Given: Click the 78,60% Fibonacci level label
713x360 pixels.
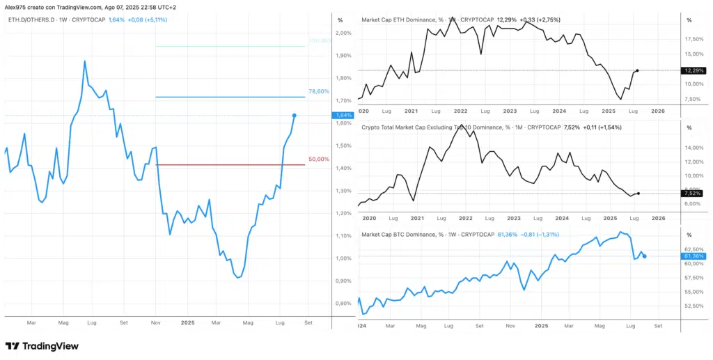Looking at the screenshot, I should click(x=318, y=92).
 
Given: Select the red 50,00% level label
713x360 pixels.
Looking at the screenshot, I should click(x=318, y=159).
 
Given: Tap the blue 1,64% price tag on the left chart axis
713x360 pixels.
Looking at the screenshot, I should click(x=343, y=116).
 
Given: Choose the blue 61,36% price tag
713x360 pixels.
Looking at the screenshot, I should click(x=694, y=256).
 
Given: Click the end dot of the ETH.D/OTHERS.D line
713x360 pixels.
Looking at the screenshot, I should click(x=295, y=115).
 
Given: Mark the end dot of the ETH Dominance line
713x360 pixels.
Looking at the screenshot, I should click(x=638, y=70).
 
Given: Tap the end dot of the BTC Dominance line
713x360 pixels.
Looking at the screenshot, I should click(x=645, y=256).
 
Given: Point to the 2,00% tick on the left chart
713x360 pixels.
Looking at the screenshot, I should click(x=343, y=33).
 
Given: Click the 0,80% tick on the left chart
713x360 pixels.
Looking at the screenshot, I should click(x=343, y=304).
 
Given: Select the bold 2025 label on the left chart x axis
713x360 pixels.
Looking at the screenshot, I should click(x=187, y=323).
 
